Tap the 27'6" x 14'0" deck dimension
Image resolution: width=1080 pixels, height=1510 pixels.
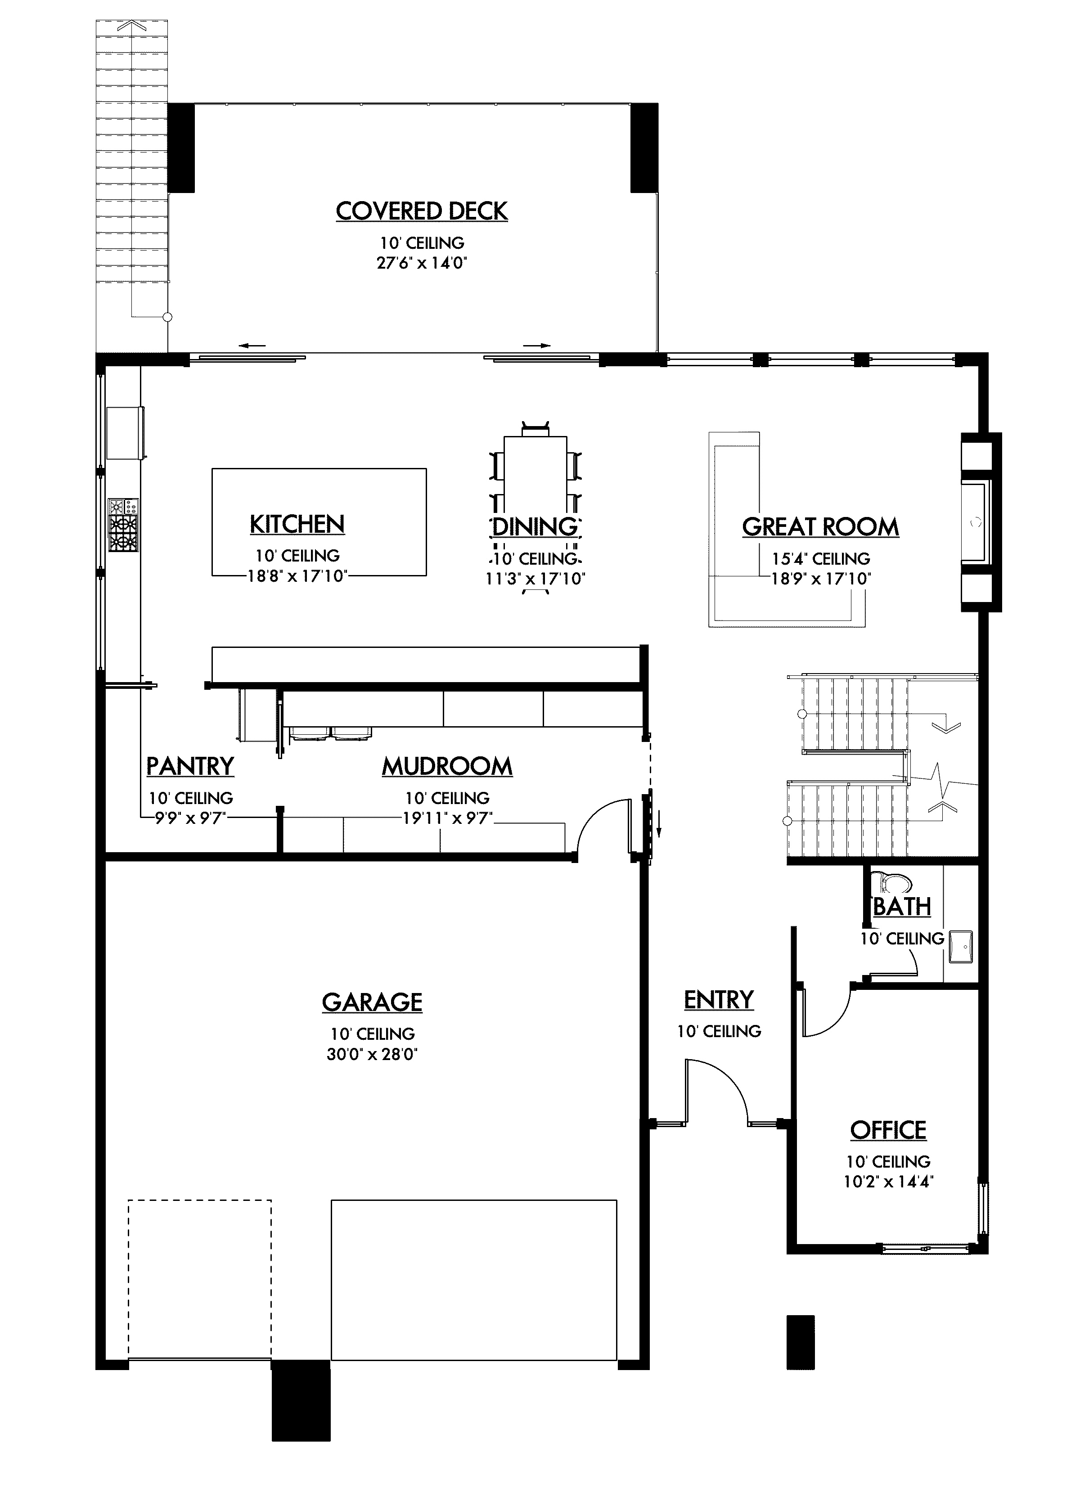[422, 263]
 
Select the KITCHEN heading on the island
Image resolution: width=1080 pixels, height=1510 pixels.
[297, 524]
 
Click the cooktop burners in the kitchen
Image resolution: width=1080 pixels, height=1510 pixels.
[124, 525]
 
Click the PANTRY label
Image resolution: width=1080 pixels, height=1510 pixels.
[190, 766]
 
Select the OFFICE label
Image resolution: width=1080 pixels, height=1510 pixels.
[888, 1130]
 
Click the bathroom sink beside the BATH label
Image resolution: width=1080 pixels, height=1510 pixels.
[960, 947]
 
